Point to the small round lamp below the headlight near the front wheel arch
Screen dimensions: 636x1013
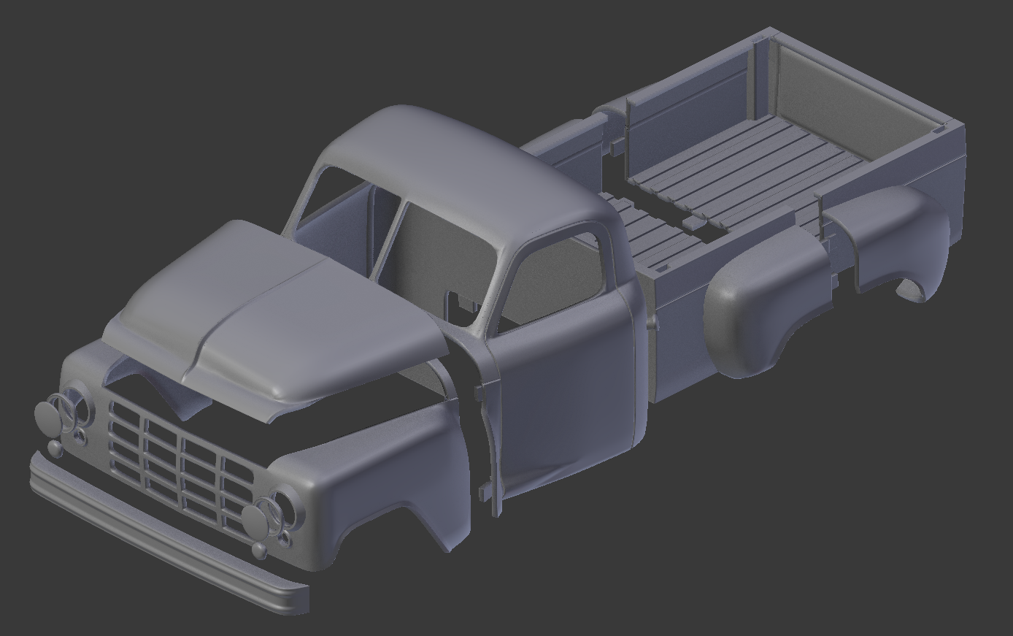[x=260, y=550]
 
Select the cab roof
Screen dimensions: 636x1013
[x=467, y=168]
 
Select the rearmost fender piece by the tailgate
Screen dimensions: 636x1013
[x=898, y=234]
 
